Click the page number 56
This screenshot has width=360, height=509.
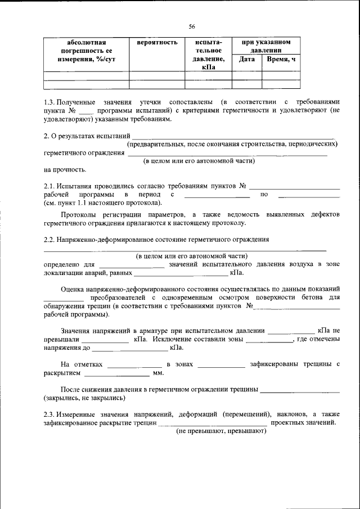point(192,26)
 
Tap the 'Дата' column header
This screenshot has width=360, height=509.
point(247,58)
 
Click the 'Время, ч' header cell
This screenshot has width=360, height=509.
point(281,58)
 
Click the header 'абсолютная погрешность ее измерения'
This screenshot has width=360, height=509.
point(86,50)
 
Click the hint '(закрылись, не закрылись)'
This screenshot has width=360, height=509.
point(84,398)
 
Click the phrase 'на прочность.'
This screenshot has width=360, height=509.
point(65,169)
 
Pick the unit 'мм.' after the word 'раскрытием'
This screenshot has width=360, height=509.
point(158,372)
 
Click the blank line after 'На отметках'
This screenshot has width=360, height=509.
point(134,364)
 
